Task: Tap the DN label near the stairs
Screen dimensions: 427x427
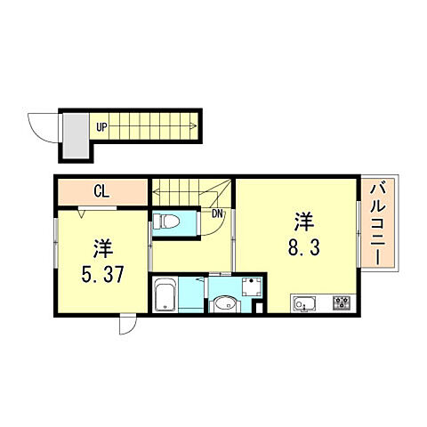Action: tap(217, 212)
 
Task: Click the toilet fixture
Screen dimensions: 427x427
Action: tap(165, 220)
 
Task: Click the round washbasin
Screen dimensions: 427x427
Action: tap(223, 303)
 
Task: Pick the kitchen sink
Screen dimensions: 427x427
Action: tap(304, 303)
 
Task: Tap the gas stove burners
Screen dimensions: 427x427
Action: tap(342, 303)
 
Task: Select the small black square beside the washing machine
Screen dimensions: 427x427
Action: tap(259, 308)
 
